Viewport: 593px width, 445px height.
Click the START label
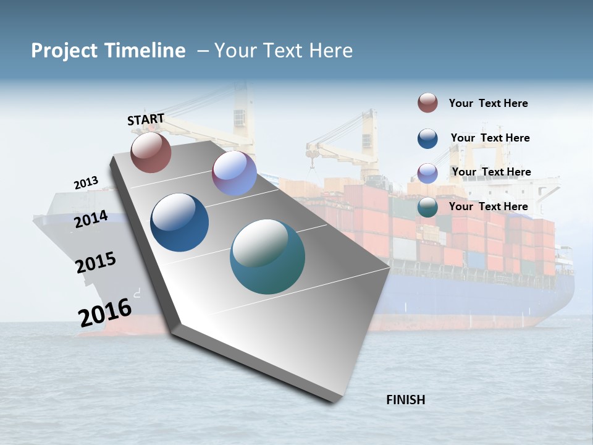click(x=146, y=119)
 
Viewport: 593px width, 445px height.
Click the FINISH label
click(x=405, y=400)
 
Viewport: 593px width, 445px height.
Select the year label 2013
click(x=86, y=183)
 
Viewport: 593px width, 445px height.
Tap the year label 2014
click(x=91, y=219)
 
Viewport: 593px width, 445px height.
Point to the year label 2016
click(x=105, y=313)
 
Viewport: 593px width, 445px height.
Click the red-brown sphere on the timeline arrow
click(x=151, y=152)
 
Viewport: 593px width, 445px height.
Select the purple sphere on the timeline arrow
click(x=234, y=173)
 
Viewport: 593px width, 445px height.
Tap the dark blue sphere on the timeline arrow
click(x=179, y=222)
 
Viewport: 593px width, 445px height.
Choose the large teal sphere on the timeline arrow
click(x=267, y=256)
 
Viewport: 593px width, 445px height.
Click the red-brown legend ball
click(x=427, y=103)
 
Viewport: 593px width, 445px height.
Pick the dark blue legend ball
click(x=427, y=138)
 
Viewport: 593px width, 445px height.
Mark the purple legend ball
click(x=427, y=172)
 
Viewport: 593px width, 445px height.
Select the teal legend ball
click(x=427, y=207)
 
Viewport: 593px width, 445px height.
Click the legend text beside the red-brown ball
click(x=488, y=103)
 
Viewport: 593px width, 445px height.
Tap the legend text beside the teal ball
click(x=488, y=206)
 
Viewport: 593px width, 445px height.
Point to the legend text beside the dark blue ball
click(x=490, y=138)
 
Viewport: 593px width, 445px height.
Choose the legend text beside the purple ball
click(x=491, y=172)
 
